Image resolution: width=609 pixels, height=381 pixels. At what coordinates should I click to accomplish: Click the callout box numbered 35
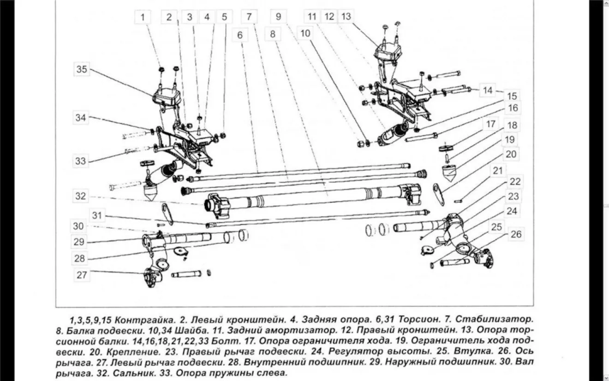pyautogui.click(x=82, y=70)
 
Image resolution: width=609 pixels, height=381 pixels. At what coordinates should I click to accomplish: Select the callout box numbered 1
pyautogui.click(x=143, y=18)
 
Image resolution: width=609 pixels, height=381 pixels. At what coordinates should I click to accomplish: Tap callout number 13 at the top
pyautogui.click(x=346, y=17)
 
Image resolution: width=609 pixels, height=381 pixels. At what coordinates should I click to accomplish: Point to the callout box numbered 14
pyautogui.click(x=488, y=90)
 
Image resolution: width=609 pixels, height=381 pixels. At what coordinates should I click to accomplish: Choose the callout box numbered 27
pyautogui.click(x=82, y=275)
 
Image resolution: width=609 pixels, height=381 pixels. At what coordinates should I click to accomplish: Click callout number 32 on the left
pyautogui.click(x=81, y=196)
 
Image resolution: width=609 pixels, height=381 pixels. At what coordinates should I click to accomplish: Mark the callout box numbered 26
pyautogui.click(x=516, y=235)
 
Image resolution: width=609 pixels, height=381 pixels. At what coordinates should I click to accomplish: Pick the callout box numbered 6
pyautogui.click(x=240, y=34)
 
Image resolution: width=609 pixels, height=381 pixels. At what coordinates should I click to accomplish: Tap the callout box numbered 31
pyautogui.click(x=96, y=215)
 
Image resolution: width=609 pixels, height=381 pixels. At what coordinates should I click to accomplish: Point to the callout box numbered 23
pyautogui.click(x=513, y=196)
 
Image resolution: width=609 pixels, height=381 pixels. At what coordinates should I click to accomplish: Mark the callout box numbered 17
pyautogui.click(x=490, y=124)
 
